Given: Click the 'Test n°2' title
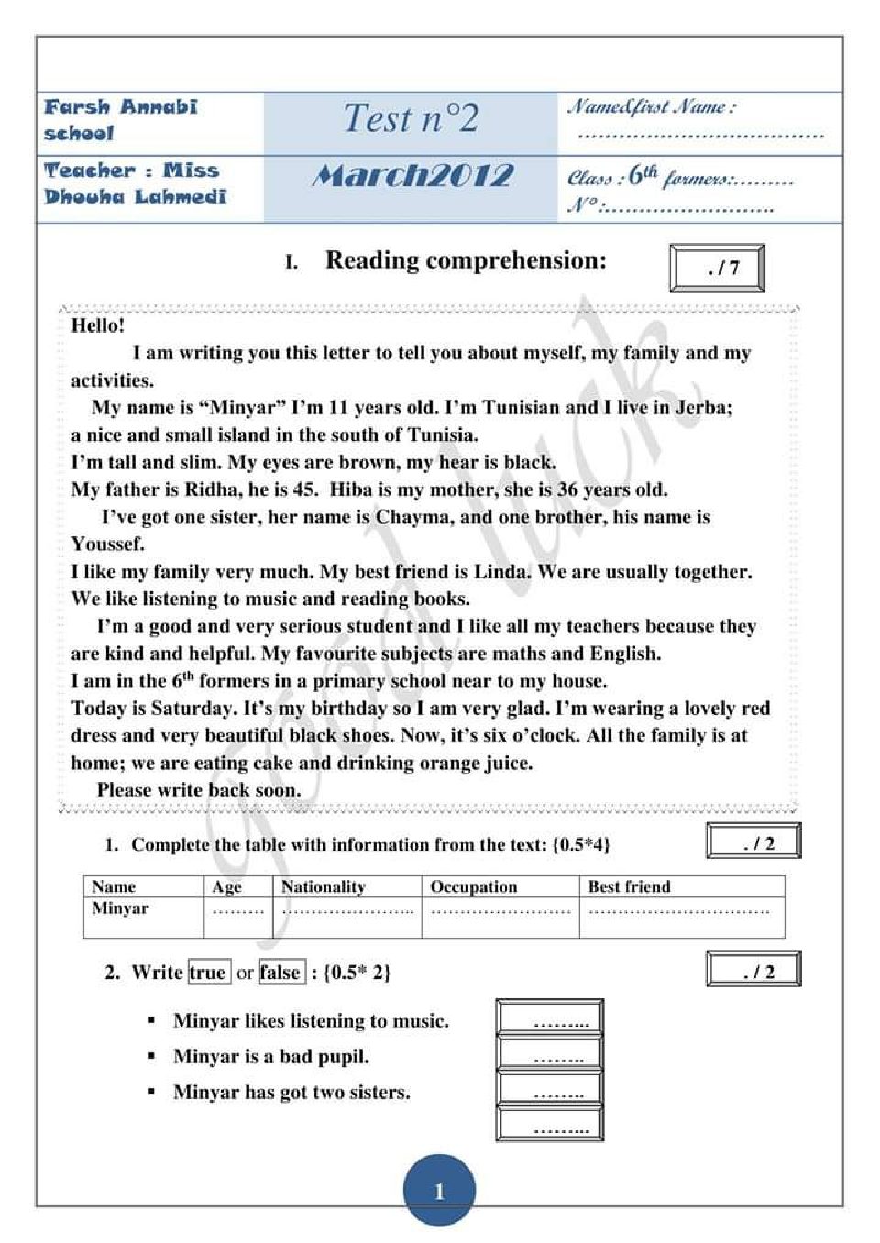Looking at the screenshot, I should tap(411, 119).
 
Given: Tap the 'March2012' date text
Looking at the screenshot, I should tap(412, 175).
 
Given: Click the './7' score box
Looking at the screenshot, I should tap(717, 269).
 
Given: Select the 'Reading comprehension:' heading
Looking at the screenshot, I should tap(466, 260).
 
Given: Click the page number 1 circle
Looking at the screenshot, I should tap(439, 1190).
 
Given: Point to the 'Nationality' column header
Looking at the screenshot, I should tap(323, 886).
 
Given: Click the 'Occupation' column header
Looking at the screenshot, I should tap(473, 886).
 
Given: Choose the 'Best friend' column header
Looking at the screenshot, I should tap(629, 886).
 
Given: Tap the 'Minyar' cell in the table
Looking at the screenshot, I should tap(120, 908).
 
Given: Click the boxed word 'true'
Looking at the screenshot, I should tap(208, 973).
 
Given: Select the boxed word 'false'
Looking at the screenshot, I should tap(280, 973).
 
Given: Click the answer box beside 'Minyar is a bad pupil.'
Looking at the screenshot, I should tap(549, 1054).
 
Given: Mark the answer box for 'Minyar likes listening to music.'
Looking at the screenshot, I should tap(549, 1018).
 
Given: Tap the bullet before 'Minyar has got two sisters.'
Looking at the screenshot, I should tap(151, 1092).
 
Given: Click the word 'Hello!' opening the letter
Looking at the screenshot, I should tap(97, 325).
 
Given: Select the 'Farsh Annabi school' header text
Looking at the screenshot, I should tap(119, 120).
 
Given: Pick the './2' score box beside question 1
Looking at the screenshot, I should tap(753, 841).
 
